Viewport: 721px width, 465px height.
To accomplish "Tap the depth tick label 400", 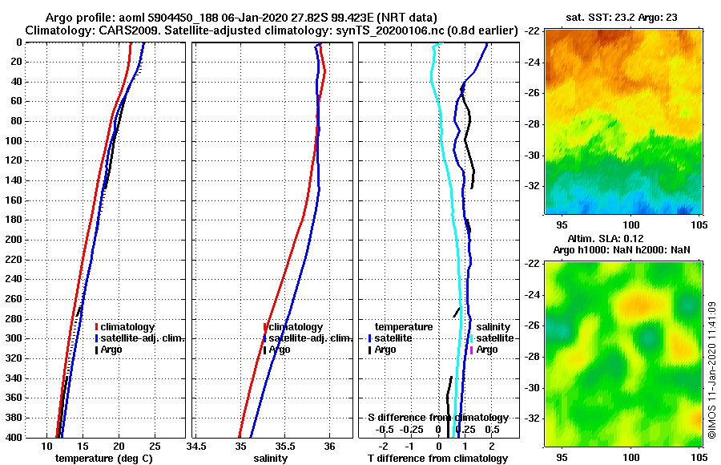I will (x=15, y=437).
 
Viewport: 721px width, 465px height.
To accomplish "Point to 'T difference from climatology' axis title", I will (x=437, y=459).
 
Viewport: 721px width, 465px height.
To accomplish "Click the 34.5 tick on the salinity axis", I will (x=196, y=446).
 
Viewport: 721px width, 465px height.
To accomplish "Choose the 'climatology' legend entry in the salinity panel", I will (x=296, y=327).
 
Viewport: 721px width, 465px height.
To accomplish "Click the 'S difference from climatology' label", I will (x=437, y=418).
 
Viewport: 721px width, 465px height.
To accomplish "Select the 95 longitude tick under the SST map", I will (x=562, y=225).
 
